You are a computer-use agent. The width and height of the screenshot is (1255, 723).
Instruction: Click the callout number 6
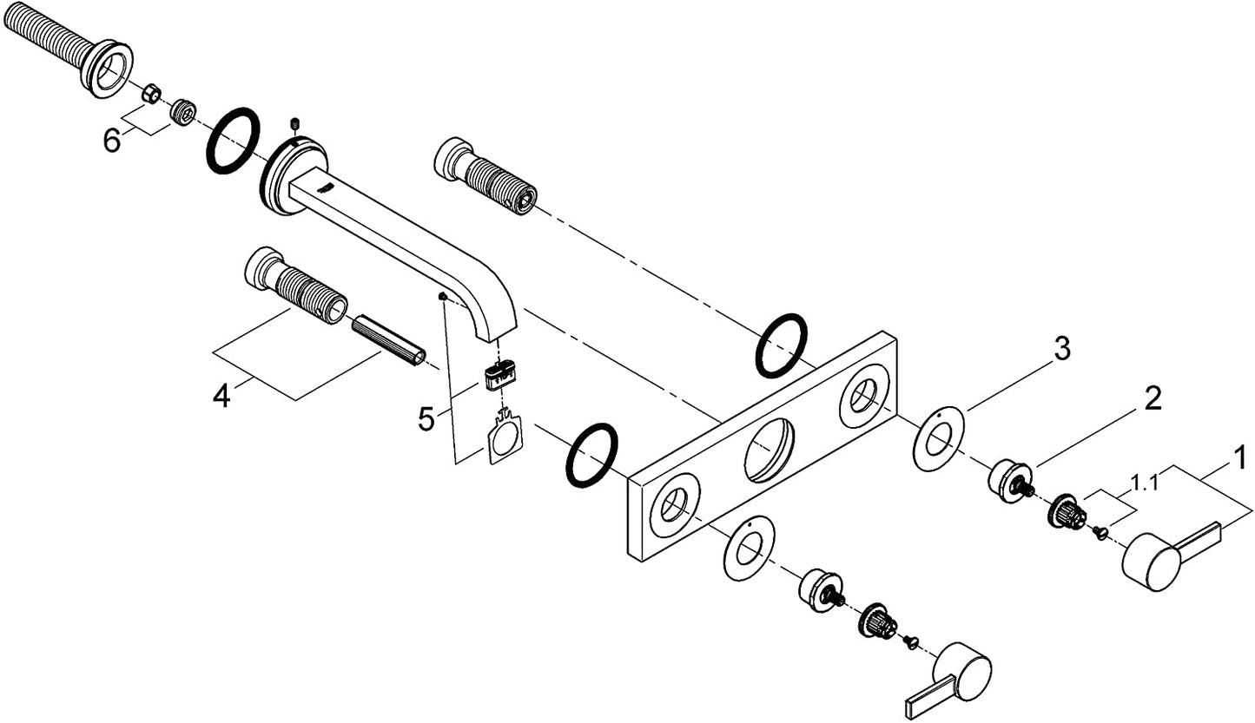(x=111, y=141)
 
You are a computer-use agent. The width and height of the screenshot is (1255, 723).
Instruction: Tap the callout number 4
(x=221, y=397)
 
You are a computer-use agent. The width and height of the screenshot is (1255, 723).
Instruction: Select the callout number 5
(x=426, y=419)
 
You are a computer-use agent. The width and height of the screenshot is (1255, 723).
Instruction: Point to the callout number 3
(x=1061, y=349)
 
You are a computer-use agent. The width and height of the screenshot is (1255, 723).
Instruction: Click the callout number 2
(x=1153, y=398)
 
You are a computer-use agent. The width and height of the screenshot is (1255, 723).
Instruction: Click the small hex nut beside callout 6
(x=150, y=93)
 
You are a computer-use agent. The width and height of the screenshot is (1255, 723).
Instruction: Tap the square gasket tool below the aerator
(x=505, y=437)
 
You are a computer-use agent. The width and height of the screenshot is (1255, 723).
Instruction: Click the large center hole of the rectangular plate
(x=769, y=450)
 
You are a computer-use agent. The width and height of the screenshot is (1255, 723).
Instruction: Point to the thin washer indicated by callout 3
(x=939, y=438)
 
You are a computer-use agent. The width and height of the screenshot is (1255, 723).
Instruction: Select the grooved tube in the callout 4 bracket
(x=388, y=342)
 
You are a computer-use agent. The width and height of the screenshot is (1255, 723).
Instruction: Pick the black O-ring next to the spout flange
(x=233, y=141)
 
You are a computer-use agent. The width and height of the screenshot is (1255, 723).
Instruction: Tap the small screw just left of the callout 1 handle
(x=1100, y=532)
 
